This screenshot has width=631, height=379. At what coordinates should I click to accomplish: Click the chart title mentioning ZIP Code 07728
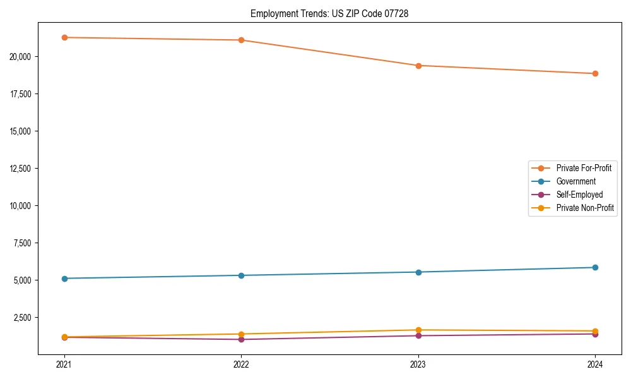click(329, 14)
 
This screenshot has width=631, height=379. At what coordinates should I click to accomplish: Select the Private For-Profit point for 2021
click(64, 37)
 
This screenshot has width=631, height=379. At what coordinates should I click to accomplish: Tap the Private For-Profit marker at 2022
click(241, 40)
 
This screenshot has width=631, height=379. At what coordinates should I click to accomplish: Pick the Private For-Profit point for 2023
click(418, 66)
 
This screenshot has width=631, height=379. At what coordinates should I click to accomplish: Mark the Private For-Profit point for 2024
click(595, 74)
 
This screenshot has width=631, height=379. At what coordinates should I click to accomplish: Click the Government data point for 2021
click(64, 279)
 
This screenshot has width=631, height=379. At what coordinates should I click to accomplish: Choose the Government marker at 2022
click(241, 275)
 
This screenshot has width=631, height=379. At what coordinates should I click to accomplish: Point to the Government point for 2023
click(418, 272)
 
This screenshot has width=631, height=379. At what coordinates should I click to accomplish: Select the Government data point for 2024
click(595, 267)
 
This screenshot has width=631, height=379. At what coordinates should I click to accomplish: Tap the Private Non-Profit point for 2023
click(418, 330)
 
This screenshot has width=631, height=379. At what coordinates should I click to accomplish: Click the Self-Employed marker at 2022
click(241, 340)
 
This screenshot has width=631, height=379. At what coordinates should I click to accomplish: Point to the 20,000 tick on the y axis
click(24, 57)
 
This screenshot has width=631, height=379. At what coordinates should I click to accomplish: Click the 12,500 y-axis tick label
click(24, 169)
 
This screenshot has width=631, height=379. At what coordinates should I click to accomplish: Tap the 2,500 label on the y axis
click(26, 318)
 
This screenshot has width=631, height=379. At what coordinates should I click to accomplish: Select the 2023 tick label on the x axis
click(418, 364)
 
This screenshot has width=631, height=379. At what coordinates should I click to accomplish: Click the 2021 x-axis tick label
click(64, 364)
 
